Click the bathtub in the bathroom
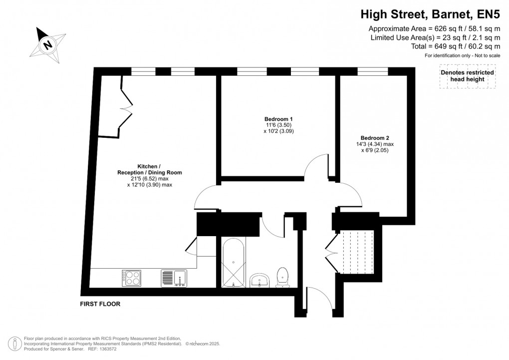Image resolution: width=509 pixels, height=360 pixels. [x=234, y=263]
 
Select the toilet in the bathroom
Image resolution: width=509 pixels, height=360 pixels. [x=282, y=277]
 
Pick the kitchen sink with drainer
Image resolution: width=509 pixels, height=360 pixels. [x=173, y=278]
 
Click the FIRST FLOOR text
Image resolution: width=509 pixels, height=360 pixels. [x=100, y=304]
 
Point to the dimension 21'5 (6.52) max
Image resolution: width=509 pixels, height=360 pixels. [x=149, y=179]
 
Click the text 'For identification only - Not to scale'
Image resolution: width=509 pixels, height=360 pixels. [x=462, y=55]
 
